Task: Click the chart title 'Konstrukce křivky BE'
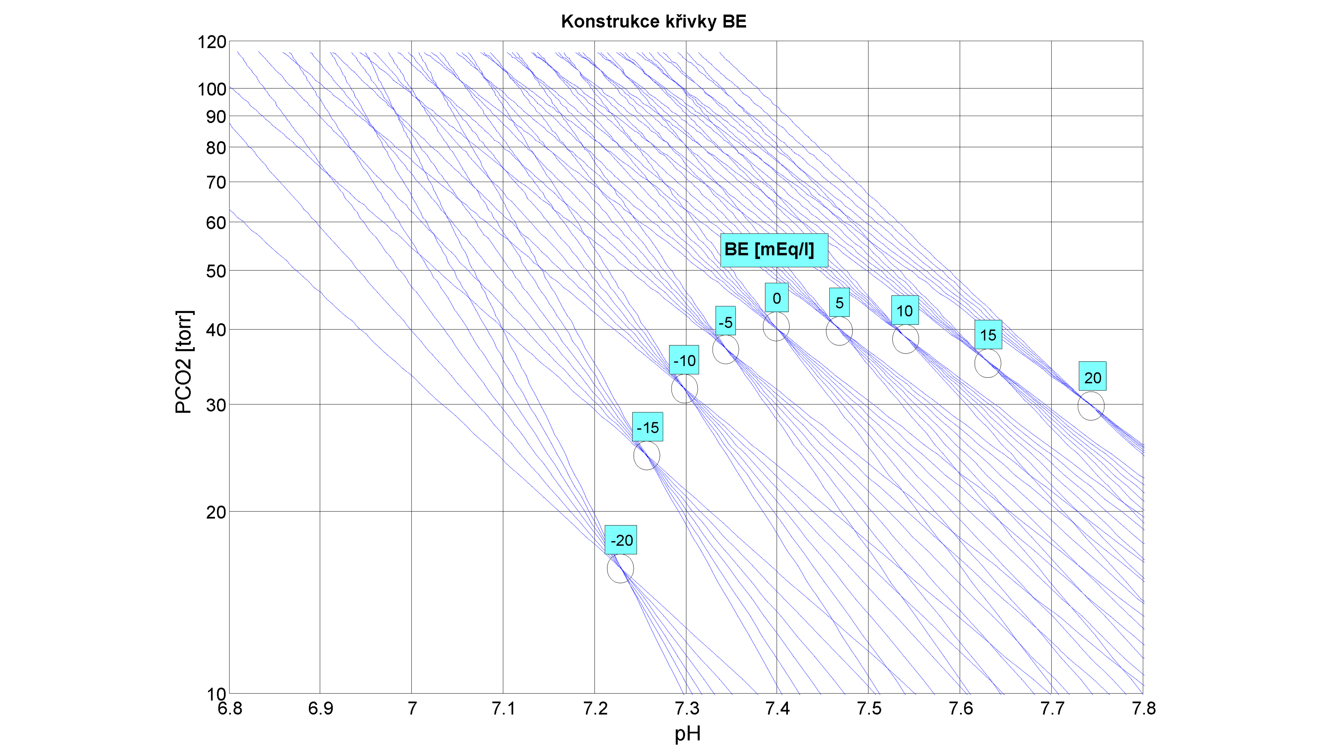point(653,22)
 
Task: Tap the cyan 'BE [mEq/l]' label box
point(774,250)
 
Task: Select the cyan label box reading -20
point(621,540)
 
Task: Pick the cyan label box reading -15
point(648,427)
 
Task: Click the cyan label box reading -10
point(684,360)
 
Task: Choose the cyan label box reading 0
point(776,298)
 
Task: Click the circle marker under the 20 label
point(1091,406)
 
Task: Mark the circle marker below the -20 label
point(620,568)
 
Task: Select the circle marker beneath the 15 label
point(988,363)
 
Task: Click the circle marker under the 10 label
point(905,339)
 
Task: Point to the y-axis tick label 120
point(212,42)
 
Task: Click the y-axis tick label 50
point(216,271)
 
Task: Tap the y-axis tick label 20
point(216,512)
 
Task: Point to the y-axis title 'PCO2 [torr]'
point(183,362)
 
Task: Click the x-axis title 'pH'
point(687,733)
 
